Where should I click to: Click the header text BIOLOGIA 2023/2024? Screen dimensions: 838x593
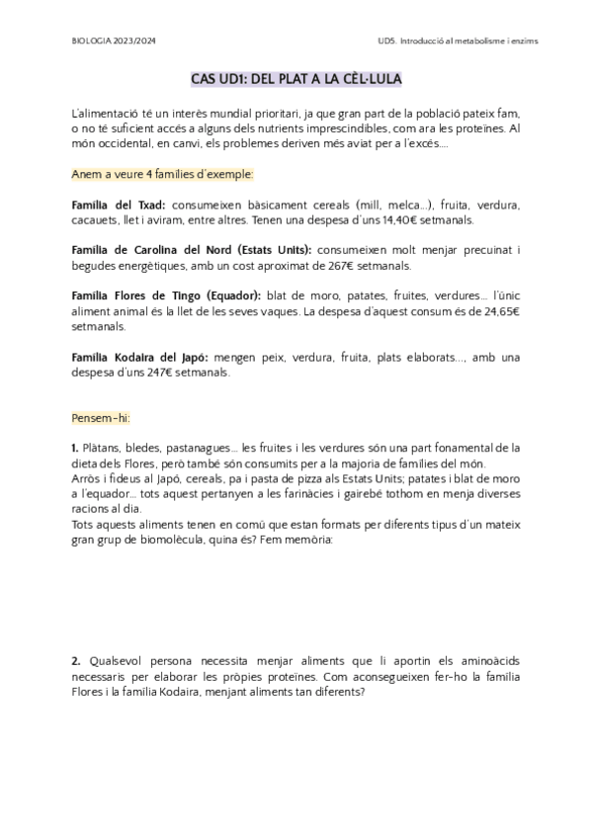pyautogui.click(x=114, y=42)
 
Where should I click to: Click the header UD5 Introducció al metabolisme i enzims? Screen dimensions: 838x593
pyautogui.click(x=449, y=42)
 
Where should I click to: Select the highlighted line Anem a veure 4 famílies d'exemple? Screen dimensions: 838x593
pyautogui.click(x=163, y=174)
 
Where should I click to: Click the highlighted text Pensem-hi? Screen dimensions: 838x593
pyautogui.click(x=101, y=418)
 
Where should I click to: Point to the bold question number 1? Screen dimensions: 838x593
pyautogui.click(x=76, y=449)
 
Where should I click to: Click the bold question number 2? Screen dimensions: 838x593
pyautogui.click(x=76, y=659)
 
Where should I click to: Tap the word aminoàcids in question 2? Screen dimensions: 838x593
pyautogui.click(x=483, y=659)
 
